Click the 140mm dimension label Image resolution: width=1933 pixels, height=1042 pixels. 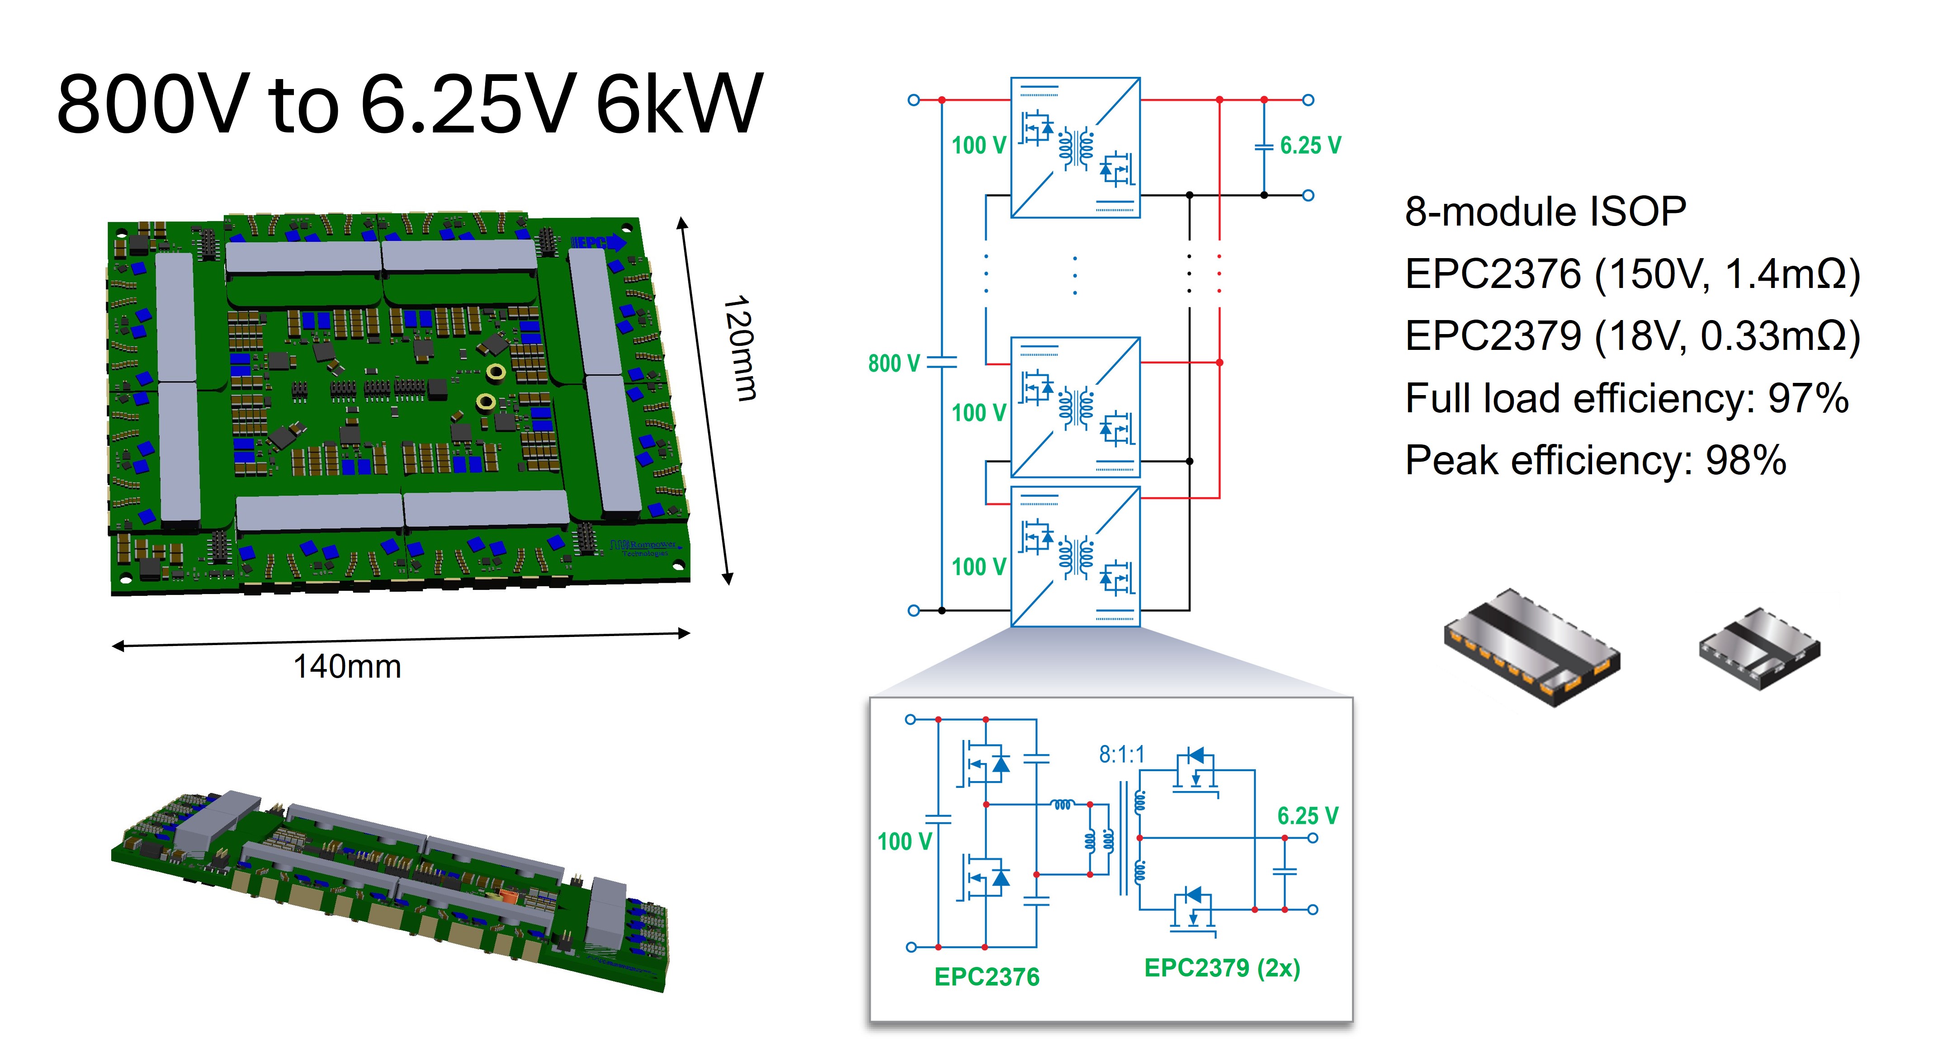(x=347, y=666)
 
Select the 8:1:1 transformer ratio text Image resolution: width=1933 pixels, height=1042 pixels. (x=1122, y=754)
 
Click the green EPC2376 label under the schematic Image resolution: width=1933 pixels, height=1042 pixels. (x=987, y=977)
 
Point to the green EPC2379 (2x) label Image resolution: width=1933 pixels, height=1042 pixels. (x=1222, y=968)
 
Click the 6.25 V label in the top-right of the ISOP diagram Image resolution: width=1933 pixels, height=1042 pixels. (x=1310, y=146)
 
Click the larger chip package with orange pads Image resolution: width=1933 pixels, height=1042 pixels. (x=1531, y=646)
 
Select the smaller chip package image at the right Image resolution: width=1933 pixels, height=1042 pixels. (x=1760, y=648)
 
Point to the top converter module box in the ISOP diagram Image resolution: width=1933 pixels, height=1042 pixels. (x=1075, y=148)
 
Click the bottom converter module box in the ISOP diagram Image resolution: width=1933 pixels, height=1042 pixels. (x=1075, y=556)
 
